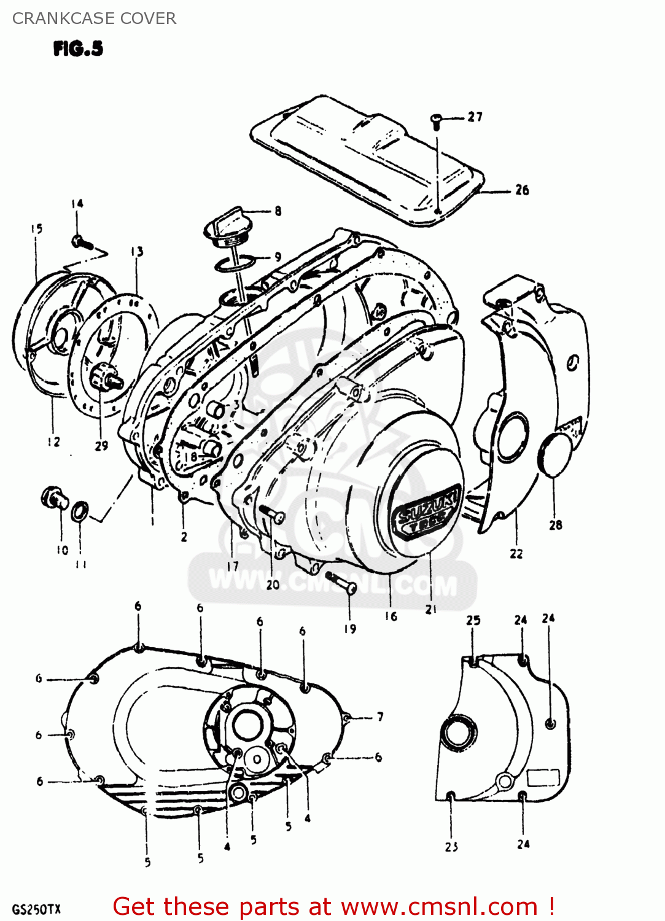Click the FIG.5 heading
click(x=78, y=49)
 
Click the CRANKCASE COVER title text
click(x=94, y=18)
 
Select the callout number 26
click(x=522, y=190)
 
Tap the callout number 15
click(x=36, y=229)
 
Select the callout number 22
click(x=516, y=553)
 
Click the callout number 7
click(x=380, y=717)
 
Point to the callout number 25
click(x=473, y=620)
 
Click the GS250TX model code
click(x=36, y=909)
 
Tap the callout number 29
click(x=101, y=446)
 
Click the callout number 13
click(x=136, y=252)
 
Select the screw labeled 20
click(x=271, y=514)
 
